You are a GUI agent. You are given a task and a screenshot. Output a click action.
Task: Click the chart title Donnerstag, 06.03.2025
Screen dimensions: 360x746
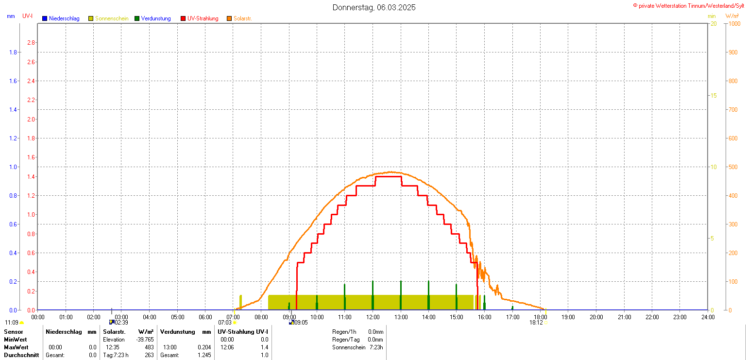click(x=374, y=8)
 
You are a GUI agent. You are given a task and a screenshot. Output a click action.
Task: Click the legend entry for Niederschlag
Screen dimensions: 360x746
click(x=64, y=18)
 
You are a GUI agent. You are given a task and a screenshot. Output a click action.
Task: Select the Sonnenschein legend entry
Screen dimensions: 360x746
click(x=111, y=18)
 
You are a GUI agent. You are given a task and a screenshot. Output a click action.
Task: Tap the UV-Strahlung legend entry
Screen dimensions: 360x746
click(x=203, y=18)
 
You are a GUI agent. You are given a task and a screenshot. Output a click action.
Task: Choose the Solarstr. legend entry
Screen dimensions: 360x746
click(x=242, y=18)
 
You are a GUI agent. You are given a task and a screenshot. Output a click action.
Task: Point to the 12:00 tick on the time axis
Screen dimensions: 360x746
click(x=373, y=317)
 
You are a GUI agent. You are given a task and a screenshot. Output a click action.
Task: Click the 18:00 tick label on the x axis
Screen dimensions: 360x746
click(x=541, y=317)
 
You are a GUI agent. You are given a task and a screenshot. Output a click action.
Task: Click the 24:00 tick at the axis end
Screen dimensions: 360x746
click(x=708, y=317)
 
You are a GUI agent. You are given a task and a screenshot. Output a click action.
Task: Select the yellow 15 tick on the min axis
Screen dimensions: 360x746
click(x=713, y=95)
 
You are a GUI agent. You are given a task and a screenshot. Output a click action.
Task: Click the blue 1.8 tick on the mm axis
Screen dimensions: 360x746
click(x=13, y=52)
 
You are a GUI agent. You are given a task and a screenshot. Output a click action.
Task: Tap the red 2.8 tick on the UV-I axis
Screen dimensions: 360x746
click(x=31, y=42)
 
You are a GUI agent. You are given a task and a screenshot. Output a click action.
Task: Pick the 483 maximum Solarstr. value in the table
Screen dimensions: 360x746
click(x=149, y=347)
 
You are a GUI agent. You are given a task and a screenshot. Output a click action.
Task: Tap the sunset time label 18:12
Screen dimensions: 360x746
click(x=536, y=322)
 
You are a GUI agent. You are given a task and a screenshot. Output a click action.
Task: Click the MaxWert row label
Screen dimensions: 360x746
click(x=16, y=347)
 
